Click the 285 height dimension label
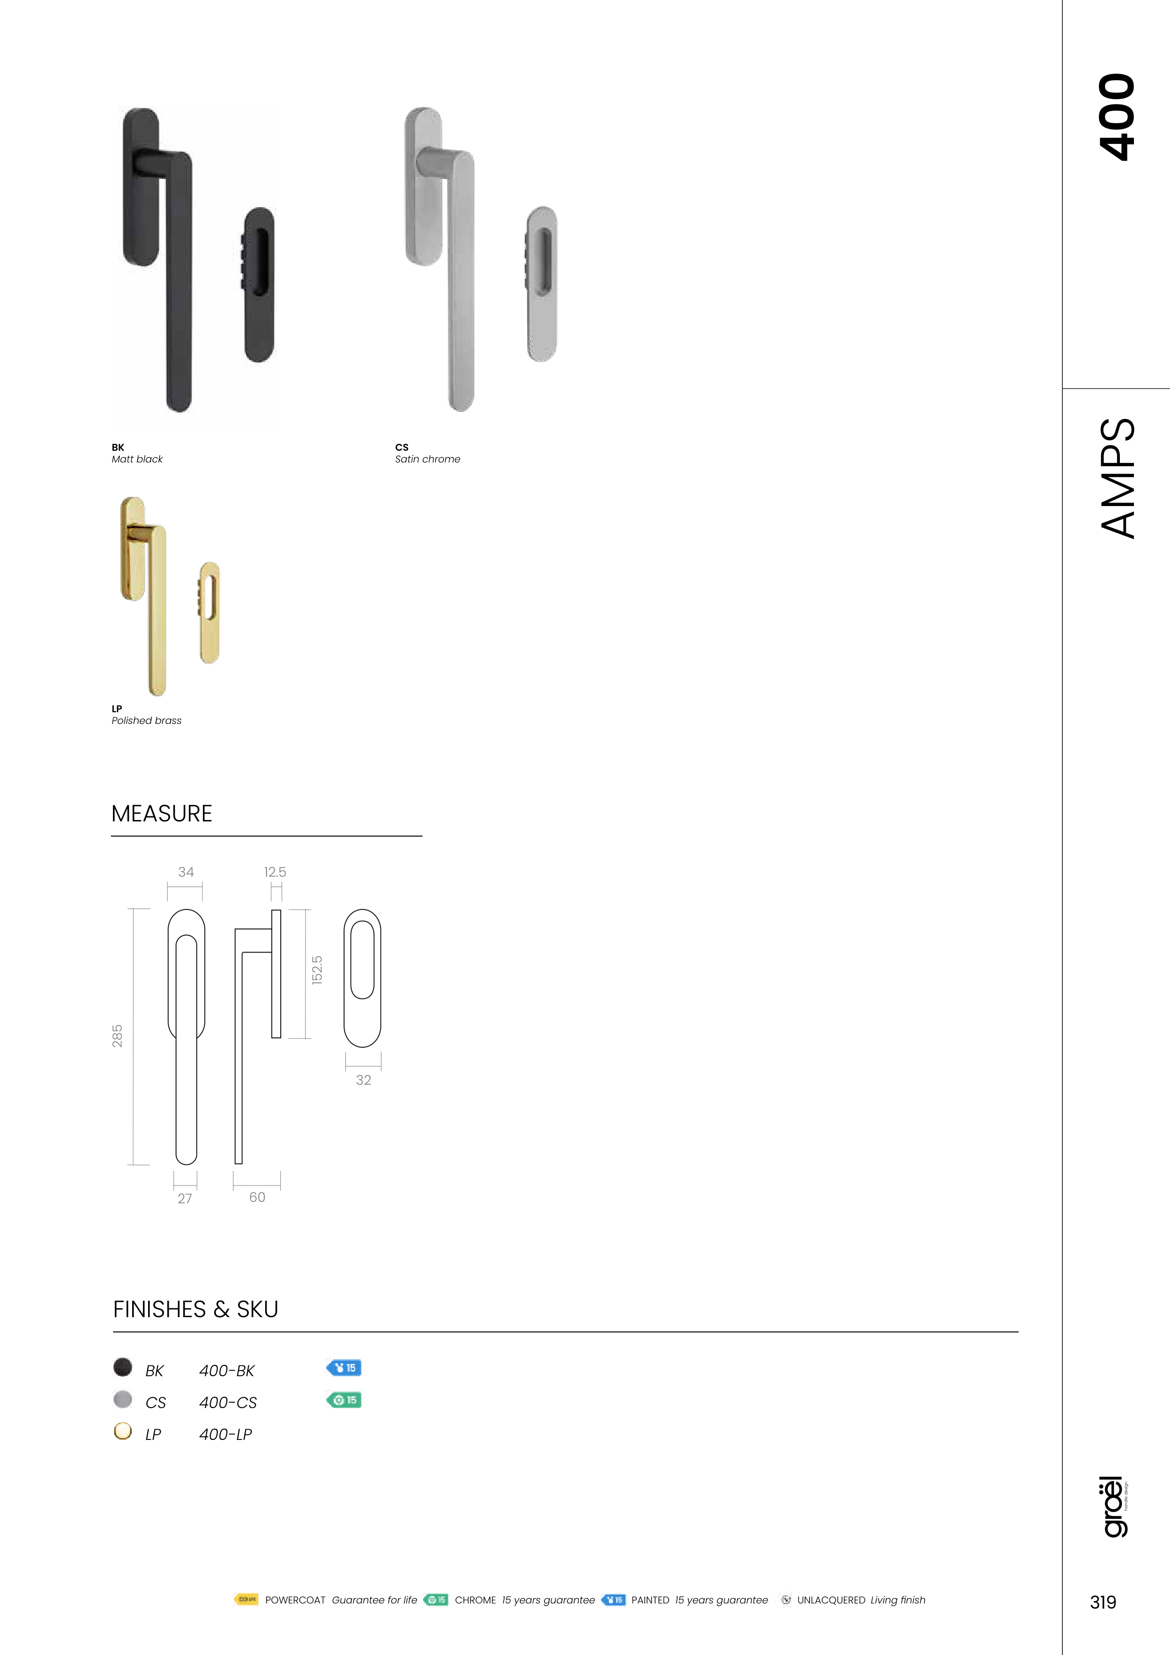117,1036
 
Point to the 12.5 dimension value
275,872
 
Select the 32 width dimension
363,1080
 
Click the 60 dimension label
257,1197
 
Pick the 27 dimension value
185,1199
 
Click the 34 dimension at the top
186,872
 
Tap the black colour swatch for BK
123,1367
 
